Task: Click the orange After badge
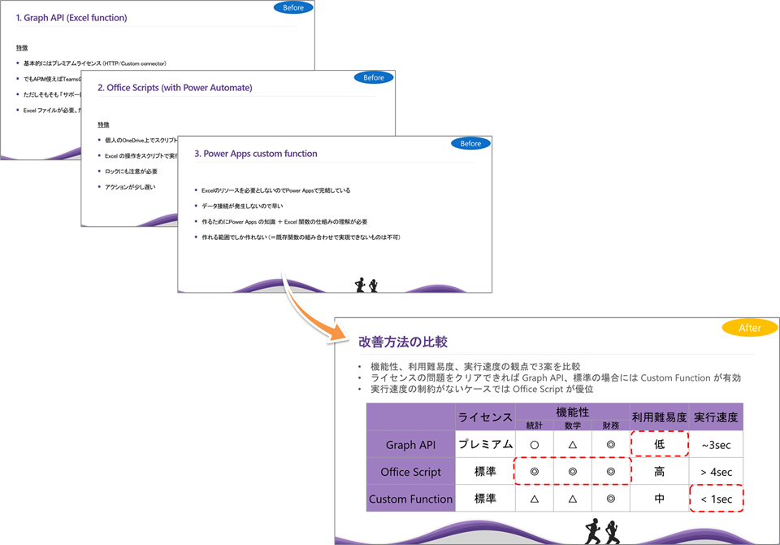(750, 329)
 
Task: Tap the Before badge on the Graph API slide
(293, 8)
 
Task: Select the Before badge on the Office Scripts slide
(374, 78)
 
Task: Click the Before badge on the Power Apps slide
(471, 144)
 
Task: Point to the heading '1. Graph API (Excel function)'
(71, 17)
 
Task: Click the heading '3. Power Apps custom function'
(255, 153)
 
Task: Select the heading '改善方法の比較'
(404, 342)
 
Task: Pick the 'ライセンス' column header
(484, 417)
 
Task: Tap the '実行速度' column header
(716, 417)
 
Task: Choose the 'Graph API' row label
(410, 445)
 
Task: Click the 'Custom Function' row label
(410, 499)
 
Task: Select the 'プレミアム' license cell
(484, 445)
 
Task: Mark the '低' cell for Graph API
(660, 445)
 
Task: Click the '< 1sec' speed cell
(716, 499)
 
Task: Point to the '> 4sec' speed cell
(716, 472)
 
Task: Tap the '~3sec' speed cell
(716, 445)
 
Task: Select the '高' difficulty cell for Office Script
(660, 472)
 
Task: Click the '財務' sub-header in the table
(610, 425)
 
